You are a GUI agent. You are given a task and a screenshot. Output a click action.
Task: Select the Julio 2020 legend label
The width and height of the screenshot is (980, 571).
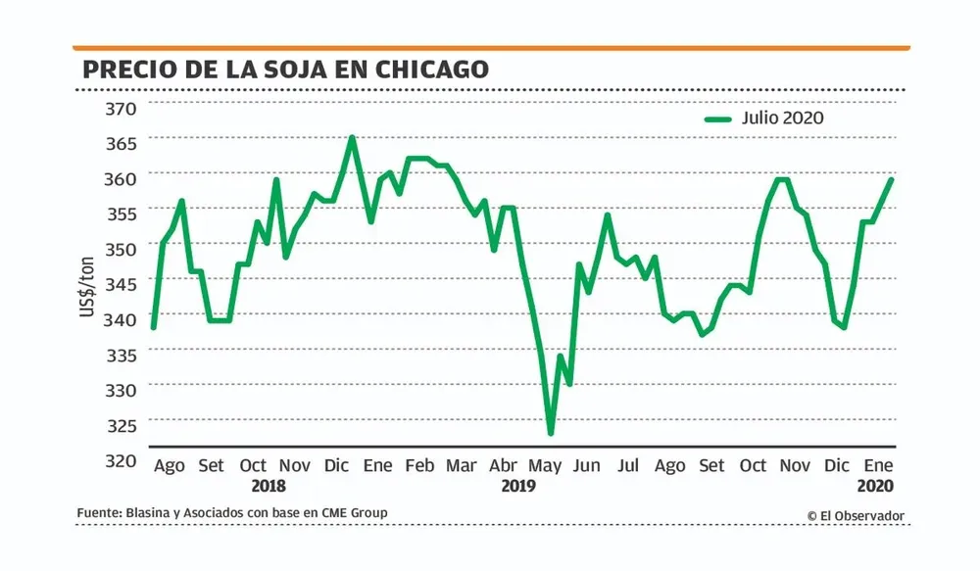pyautogui.click(x=782, y=119)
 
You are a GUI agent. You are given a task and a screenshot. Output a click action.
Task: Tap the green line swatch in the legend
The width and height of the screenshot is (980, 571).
pyautogui.click(x=718, y=119)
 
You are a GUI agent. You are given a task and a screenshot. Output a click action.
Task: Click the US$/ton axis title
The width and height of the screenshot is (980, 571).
pyautogui.click(x=86, y=283)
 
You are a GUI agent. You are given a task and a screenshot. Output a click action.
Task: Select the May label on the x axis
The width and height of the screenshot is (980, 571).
pyautogui.click(x=544, y=465)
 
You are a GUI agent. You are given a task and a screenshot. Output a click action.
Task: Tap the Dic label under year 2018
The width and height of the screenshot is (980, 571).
pyautogui.click(x=337, y=465)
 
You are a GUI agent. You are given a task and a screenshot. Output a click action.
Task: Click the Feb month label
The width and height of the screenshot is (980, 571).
pyautogui.click(x=420, y=465)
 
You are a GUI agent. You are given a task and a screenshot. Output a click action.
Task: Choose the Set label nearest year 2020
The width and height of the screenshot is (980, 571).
pyautogui.click(x=712, y=465)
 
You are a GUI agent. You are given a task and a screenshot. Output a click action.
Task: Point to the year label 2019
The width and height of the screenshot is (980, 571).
pyautogui.click(x=517, y=485)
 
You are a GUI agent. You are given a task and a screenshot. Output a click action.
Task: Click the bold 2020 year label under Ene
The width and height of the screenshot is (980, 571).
pyautogui.click(x=875, y=485)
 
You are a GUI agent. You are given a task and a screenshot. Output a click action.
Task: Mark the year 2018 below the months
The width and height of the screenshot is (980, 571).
pyautogui.click(x=268, y=485)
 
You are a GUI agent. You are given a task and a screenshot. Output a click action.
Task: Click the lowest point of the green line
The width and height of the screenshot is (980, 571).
pyautogui.click(x=551, y=433)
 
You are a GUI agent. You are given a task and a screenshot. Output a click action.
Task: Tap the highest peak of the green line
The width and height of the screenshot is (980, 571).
pyautogui.click(x=353, y=137)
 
